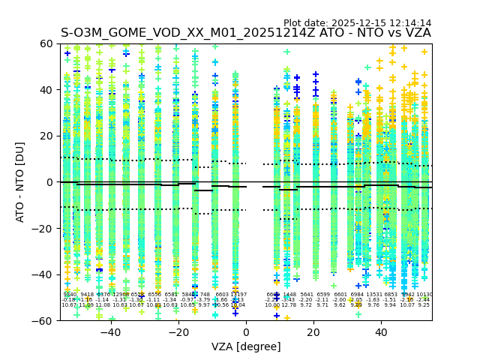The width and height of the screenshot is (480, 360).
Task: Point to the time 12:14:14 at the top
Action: point(410,23)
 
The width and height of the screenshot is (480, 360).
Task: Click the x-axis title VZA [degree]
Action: point(246,346)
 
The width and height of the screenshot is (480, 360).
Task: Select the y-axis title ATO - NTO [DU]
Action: point(21,182)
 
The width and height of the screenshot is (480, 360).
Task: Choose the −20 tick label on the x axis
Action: point(175,332)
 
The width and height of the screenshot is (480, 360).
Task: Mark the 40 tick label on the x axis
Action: point(381,332)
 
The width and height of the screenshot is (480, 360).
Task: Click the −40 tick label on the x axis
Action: point(108,332)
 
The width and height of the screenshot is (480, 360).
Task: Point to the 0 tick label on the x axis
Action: point(246,332)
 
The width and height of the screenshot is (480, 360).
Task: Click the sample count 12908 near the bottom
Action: point(120,295)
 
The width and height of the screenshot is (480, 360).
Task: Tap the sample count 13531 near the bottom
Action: point(373,295)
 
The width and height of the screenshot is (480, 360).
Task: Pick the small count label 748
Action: point(205,295)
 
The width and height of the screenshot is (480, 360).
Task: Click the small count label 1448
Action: point(289,295)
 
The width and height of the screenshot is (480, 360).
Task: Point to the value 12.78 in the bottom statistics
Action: point(289,305)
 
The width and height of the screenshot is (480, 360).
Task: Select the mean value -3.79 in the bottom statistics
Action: point(204,300)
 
